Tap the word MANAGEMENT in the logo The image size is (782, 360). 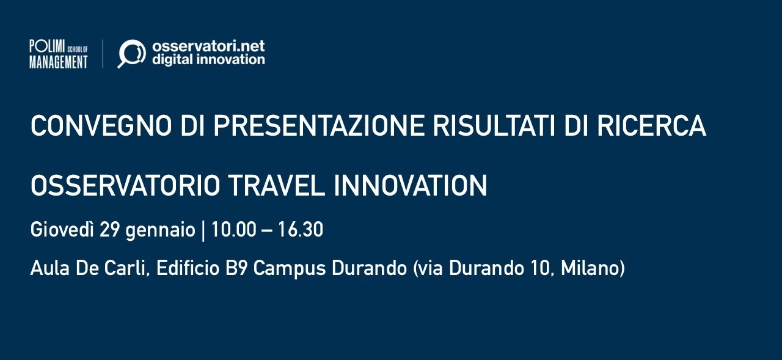[59, 62]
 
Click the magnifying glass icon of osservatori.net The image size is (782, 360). [131, 54]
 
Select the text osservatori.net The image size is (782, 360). [208, 46]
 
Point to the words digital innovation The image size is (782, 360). [208, 60]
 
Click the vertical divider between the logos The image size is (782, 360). [103, 54]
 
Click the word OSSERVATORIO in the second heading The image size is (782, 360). [125, 186]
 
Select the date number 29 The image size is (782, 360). [111, 230]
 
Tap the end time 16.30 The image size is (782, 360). [301, 230]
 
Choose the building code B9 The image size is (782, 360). [236, 268]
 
